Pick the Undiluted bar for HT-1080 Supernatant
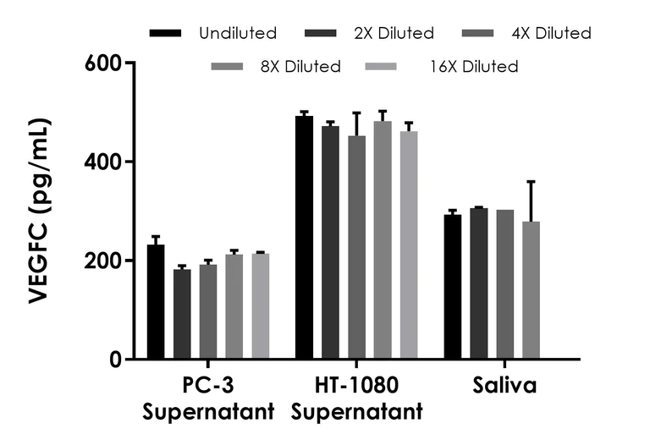(304, 238)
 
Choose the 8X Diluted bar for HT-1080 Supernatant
(383, 240)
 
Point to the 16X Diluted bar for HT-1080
(409, 245)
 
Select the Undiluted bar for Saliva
(453, 287)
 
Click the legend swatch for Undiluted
(166, 34)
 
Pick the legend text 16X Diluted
(473, 66)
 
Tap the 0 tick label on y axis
(114, 360)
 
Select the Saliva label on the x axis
(505, 387)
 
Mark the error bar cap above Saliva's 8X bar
(531, 181)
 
